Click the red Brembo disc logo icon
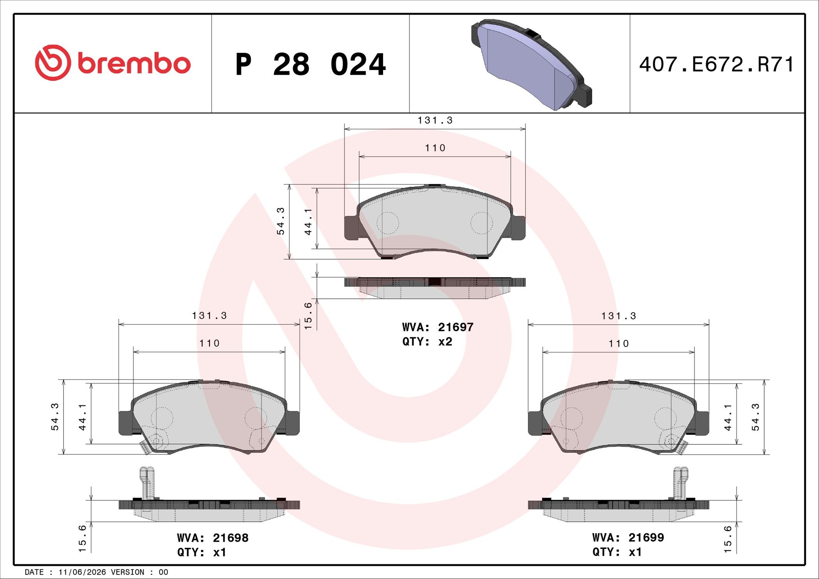coord(53,63)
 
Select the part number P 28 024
coord(311,64)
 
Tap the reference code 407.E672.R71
coord(717,64)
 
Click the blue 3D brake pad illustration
coord(531,64)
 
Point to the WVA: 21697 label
coord(438,327)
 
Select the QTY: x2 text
coord(427,342)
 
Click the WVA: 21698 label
coord(213,538)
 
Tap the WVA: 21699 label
coord(628,537)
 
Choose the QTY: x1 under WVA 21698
coord(202,552)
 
